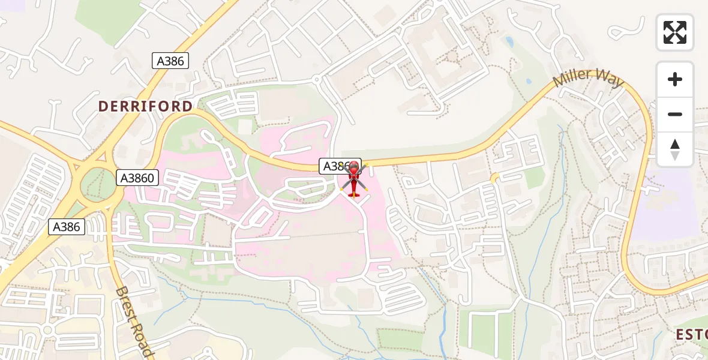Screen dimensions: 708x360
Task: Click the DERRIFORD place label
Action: tap(145, 106)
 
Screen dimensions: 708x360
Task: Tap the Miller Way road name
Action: tap(589, 79)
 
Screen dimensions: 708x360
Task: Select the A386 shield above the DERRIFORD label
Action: tap(170, 60)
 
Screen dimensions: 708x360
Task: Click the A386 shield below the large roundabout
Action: tap(67, 227)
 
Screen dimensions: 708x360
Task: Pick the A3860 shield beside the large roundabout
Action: tap(137, 178)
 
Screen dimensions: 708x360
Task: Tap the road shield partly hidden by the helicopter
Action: tap(334, 166)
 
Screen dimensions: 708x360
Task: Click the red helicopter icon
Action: tap(354, 179)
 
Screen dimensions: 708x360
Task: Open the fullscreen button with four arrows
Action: tap(675, 32)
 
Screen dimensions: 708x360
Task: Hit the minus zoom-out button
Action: tap(675, 114)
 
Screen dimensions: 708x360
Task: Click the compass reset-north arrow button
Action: tap(675, 149)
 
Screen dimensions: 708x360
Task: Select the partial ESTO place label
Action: tap(691, 334)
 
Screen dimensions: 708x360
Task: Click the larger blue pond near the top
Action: tap(509, 42)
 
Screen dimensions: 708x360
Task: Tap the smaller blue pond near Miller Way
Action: tap(529, 82)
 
